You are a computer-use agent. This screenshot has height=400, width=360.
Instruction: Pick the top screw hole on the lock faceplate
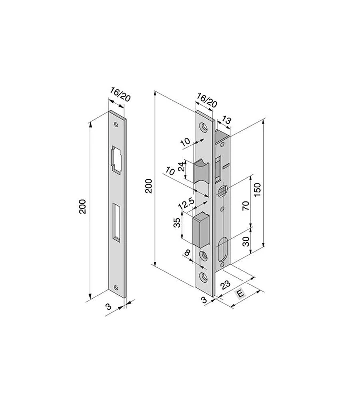coord(203,127)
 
